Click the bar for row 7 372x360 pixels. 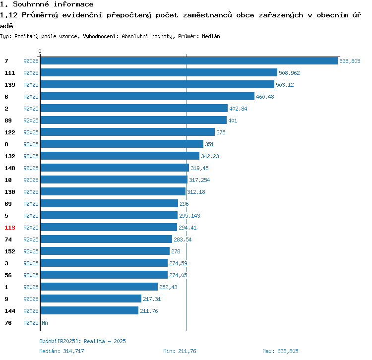[x=188, y=60]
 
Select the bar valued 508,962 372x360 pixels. [x=159, y=72]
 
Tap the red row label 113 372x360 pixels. [x=10, y=228]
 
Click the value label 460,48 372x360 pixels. [x=265, y=97]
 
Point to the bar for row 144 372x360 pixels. [x=89, y=310]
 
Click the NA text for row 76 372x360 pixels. [x=45, y=323]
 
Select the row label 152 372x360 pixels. [x=10, y=251]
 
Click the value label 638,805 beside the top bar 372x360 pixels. [x=350, y=61]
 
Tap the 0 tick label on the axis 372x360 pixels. [x=40, y=51]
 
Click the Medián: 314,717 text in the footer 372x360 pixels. [x=62, y=351]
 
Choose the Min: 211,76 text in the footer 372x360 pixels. [x=180, y=351]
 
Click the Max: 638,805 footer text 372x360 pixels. [x=280, y=351]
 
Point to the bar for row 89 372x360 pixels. [x=133, y=120]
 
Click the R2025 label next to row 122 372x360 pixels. [x=31, y=132]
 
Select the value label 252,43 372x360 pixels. [x=168, y=287]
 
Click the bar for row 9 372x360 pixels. [x=91, y=299]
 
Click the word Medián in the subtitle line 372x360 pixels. [x=211, y=36]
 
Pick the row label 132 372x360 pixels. [x=10, y=156]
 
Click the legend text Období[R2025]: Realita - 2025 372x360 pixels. [x=82, y=341]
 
